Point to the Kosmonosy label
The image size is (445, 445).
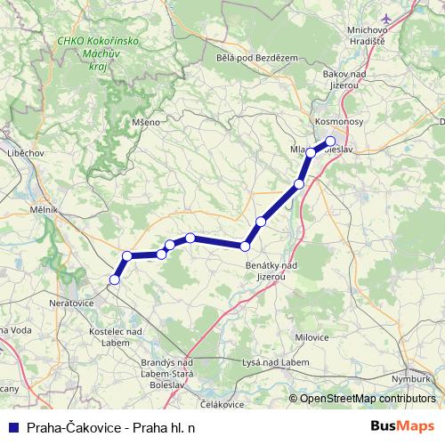[337, 120]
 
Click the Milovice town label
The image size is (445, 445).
[311, 338]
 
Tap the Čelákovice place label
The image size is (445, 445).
[222, 405]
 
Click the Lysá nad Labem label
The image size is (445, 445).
[276, 363]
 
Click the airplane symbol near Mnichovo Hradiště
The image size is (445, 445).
[385, 18]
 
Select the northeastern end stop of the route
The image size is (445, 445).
[330, 141]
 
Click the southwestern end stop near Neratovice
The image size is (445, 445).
[114, 280]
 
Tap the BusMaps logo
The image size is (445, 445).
[402, 425]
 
